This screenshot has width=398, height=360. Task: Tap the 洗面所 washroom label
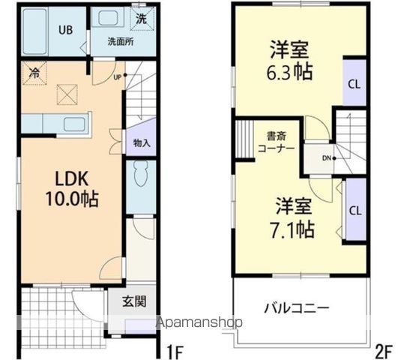pos(121,41)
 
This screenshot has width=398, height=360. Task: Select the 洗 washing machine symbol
pos(142,14)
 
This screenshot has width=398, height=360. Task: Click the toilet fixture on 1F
pos(140,178)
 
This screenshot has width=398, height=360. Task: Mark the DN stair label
pos(327,157)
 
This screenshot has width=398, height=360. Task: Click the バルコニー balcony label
pos(297,308)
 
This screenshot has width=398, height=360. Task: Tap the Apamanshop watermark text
pos(199,324)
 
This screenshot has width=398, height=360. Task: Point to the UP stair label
pos(117,76)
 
